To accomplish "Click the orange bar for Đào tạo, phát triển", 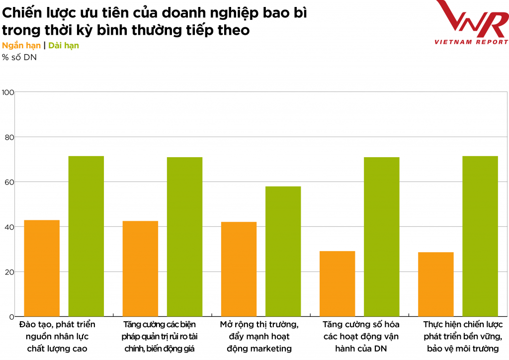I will click(42, 268).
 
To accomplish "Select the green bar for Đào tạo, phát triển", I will click(86, 236).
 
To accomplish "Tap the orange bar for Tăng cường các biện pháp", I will click(140, 269).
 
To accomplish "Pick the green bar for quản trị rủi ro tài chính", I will click(184, 237).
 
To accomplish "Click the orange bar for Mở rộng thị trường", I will click(239, 269).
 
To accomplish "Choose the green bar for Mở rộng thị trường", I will click(283, 251).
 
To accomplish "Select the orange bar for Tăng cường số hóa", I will click(337, 283).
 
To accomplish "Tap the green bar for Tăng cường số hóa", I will click(381, 237).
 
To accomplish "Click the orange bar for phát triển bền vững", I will click(435, 284).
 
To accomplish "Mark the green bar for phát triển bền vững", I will click(480, 236).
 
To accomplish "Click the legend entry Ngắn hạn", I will click(21, 45).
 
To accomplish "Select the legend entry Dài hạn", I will click(64, 45).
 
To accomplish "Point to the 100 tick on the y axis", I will click(7, 92).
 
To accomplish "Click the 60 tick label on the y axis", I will click(7, 182).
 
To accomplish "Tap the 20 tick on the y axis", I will click(7, 272).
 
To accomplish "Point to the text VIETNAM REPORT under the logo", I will click(471, 42).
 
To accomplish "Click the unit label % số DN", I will click(19, 57).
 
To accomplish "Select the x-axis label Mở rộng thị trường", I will click(259, 324).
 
